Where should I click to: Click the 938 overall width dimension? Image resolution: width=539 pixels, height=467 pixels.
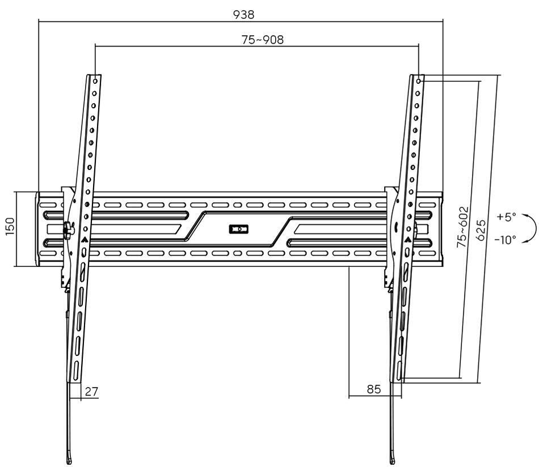[x=244, y=14]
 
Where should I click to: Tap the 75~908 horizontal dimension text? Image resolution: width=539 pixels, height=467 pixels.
[x=263, y=40]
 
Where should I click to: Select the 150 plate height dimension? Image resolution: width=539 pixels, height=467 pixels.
[x=10, y=226]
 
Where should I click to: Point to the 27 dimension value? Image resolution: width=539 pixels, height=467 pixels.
[x=91, y=392]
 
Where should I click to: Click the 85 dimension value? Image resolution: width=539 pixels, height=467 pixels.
[x=374, y=389]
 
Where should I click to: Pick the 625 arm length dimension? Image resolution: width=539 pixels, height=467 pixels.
[x=481, y=230]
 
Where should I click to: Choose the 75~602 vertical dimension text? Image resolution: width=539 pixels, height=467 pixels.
[x=462, y=227]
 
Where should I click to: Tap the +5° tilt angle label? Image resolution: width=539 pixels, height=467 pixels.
[x=506, y=217]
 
